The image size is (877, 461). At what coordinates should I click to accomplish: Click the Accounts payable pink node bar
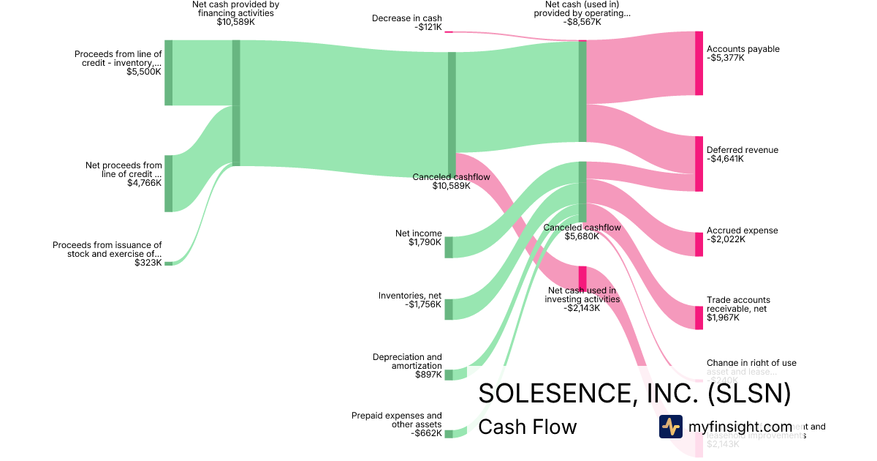click(699, 64)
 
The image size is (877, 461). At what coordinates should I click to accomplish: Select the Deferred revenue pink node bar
click(699, 163)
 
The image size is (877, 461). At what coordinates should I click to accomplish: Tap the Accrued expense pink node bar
click(699, 244)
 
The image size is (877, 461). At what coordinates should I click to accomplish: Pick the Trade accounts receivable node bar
click(699, 318)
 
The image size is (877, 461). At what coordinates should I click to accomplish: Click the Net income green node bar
click(449, 247)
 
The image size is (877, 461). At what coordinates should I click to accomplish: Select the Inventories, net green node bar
click(449, 309)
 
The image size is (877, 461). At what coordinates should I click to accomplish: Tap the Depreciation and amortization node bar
click(449, 375)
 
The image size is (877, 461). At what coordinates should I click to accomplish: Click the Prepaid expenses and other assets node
click(449, 433)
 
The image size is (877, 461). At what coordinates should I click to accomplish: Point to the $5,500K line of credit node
click(168, 72)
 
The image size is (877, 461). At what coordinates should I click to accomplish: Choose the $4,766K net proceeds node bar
click(168, 183)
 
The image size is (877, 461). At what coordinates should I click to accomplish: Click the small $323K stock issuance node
click(168, 263)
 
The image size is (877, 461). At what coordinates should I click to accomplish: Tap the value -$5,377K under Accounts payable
click(726, 59)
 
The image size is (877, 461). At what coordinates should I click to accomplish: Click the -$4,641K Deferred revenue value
click(726, 159)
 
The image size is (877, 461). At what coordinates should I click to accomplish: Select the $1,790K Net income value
click(425, 242)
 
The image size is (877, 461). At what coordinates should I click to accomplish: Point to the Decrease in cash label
click(406, 18)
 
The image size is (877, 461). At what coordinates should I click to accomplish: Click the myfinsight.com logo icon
click(670, 427)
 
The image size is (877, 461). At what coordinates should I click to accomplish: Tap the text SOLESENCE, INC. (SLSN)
click(634, 394)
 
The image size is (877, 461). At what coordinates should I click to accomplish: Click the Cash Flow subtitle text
click(527, 427)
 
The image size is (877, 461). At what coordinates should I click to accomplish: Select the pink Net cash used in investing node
click(582, 278)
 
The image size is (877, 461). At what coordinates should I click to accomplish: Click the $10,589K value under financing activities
click(235, 22)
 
